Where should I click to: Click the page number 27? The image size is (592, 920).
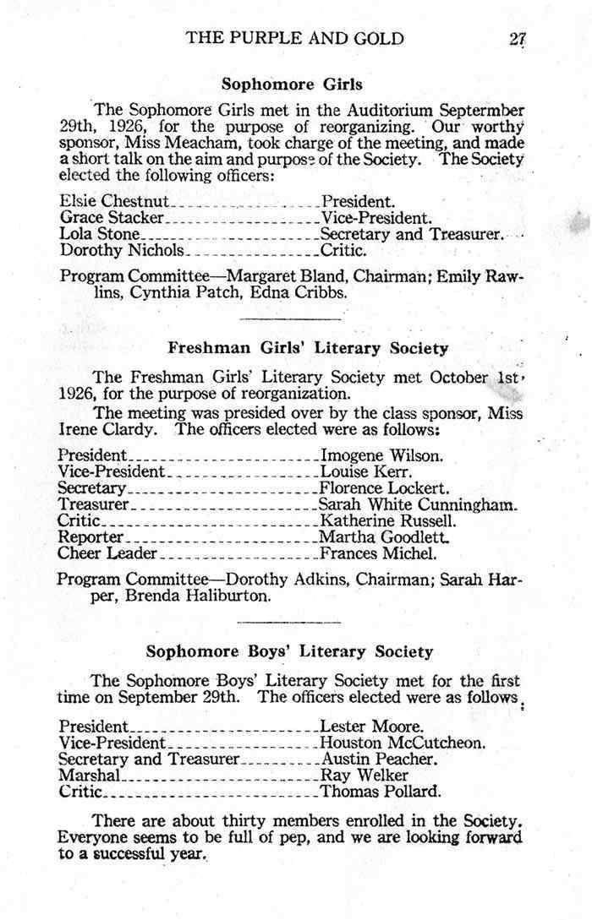(518, 38)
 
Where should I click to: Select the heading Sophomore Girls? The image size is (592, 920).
(292, 84)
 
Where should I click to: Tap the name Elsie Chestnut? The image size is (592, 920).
(115, 202)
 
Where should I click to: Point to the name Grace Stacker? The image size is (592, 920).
(112, 218)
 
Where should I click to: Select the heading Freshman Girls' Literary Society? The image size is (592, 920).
(308, 347)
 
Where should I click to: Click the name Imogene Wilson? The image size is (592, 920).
(381, 456)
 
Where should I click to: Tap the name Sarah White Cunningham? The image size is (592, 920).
(418, 505)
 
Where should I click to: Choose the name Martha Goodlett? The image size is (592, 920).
(383, 538)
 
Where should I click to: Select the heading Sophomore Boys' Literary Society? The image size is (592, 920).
(289, 651)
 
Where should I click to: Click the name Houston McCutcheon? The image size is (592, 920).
(403, 743)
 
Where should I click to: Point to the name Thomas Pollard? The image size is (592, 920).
(381, 792)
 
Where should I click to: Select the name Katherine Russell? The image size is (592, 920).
(388, 521)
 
